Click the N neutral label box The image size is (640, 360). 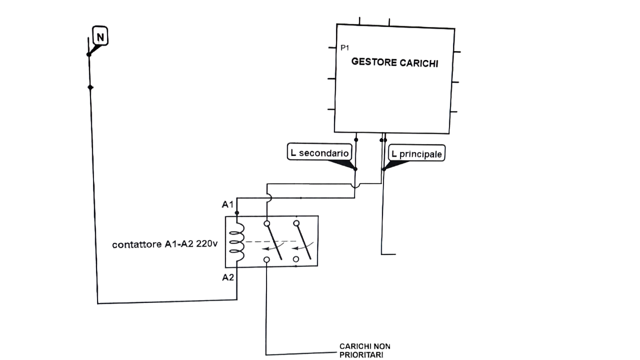(100, 36)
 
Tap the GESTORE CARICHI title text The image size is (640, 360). (394, 62)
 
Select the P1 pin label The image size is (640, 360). (344, 48)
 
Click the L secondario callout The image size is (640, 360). (318, 152)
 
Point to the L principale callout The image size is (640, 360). (416, 154)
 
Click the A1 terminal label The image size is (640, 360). (227, 204)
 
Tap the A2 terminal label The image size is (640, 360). (227, 277)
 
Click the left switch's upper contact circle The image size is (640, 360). (267, 223)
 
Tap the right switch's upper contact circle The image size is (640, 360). (296, 223)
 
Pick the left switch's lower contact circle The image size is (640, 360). (267, 259)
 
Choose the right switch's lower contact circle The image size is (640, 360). (296, 259)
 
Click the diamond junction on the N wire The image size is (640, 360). (90, 87)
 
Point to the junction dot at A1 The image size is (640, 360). (237, 213)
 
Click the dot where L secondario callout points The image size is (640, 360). (355, 169)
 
